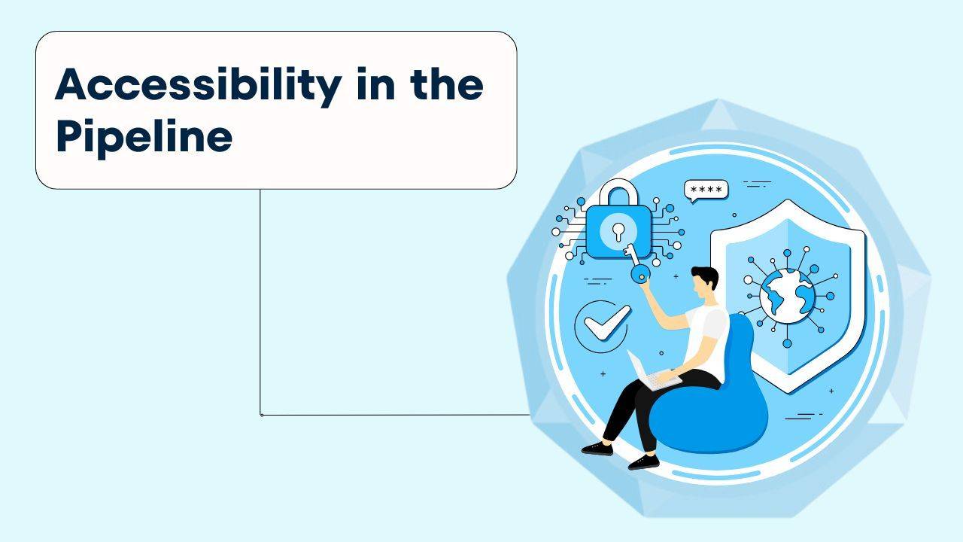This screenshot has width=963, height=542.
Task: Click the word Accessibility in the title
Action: [x=198, y=85]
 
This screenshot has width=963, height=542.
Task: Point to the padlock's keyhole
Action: [x=618, y=230]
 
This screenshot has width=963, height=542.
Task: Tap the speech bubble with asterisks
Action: [x=706, y=190]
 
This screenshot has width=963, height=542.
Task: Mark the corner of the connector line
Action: [x=261, y=414]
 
